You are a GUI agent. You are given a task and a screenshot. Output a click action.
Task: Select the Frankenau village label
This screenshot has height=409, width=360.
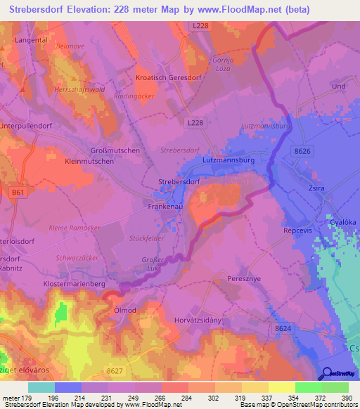pos(166,207)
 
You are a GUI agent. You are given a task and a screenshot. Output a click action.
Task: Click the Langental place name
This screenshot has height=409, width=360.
pos(31,41)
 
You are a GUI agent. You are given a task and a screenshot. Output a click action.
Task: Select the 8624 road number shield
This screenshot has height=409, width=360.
pos(283,328)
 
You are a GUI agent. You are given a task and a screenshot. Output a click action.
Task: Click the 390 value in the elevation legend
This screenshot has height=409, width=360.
pos(347,398)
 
